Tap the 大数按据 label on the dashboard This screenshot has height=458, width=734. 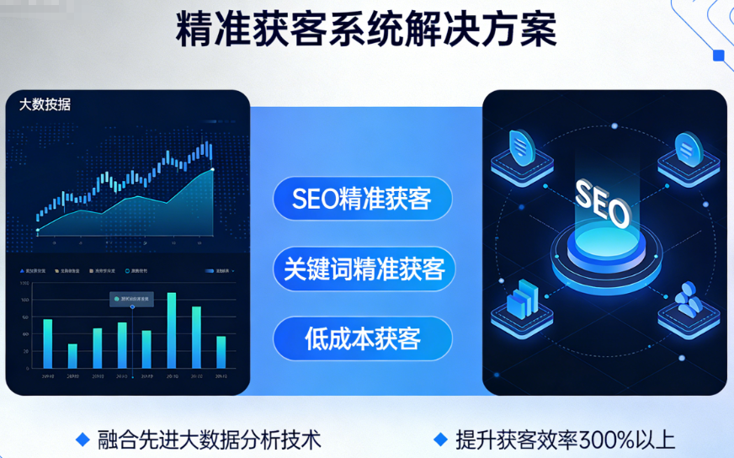pos(45,104)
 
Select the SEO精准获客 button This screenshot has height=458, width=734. pos(362,199)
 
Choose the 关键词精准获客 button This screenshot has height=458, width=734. pos(364,269)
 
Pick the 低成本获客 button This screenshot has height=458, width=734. pos(362,339)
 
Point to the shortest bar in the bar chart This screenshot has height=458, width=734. pos(72,355)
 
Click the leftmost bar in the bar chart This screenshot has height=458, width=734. pos(48,343)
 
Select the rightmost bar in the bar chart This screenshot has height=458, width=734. pos(221,352)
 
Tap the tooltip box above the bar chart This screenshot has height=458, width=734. pos(131,299)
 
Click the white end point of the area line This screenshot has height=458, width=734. pos(212,169)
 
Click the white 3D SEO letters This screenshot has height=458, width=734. pos(601,203)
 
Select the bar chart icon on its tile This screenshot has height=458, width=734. pos(522,300)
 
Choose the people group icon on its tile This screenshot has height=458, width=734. pos(689,300)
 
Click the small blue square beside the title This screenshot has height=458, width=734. pos(718,56)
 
